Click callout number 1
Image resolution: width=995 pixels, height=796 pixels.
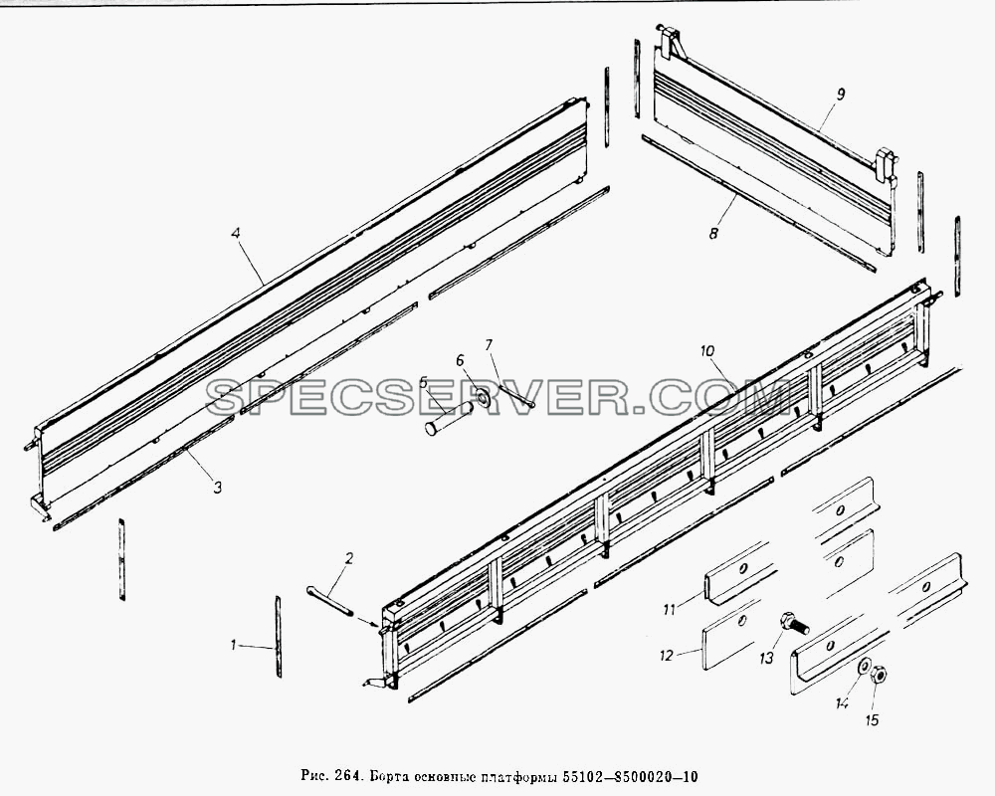click(x=234, y=645)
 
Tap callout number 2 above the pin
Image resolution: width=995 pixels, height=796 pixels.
click(x=348, y=558)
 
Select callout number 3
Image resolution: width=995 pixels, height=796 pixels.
click(x=217, y=488)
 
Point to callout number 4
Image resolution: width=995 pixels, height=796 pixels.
click(x=236, y=233)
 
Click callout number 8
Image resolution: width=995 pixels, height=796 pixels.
click(x=713, y=234)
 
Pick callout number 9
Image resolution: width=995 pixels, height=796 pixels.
click(x=840, y=95)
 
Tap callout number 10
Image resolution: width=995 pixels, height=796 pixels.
click(x=707, y=350)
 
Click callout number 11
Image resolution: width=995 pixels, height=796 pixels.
click(x=669, y=610)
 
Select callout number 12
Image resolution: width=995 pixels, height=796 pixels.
click(x=666, y=656)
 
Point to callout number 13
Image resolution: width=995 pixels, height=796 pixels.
click(x=766, y=659)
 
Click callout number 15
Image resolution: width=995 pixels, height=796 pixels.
click(x=873, y=719)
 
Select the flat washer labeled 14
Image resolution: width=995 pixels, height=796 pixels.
click(x=865, y=667)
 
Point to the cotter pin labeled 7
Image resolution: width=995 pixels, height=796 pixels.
click(x=517, y=394)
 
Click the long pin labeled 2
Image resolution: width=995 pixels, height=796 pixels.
click(x=329, y=601)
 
